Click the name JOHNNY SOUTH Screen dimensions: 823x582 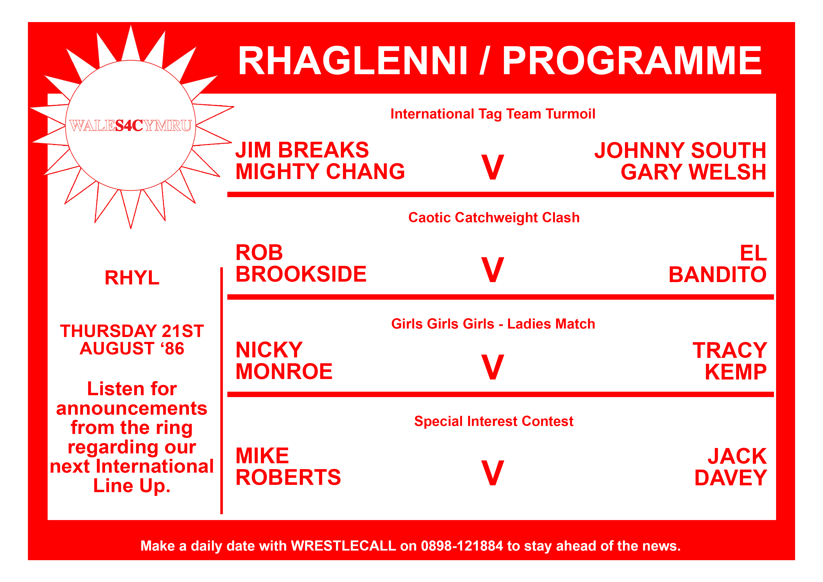680,150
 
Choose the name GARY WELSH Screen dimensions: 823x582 693,172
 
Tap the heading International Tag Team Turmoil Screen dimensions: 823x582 493,114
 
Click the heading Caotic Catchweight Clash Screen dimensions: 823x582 494,218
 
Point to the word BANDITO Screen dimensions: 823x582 718,274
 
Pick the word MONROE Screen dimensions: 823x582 284,371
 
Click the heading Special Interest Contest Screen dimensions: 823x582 494,421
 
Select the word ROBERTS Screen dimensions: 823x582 288,477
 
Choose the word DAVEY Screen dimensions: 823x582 731,478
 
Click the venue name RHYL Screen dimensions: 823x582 132,278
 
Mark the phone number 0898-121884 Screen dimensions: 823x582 462,546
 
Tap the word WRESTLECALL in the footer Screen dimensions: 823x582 343,546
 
